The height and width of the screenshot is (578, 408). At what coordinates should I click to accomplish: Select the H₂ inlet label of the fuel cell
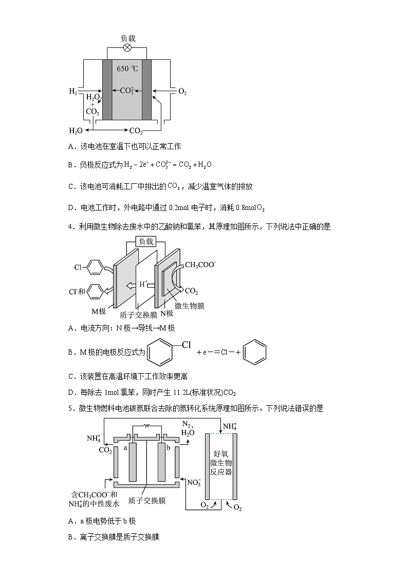[73, 92]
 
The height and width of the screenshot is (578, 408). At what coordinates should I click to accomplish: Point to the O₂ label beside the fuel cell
[182, 92]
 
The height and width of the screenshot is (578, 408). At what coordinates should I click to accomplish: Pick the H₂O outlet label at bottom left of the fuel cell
[76, 131]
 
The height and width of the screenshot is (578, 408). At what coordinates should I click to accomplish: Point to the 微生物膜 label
[190, 306]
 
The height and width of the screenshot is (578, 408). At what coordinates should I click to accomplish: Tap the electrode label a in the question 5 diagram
[125, 448]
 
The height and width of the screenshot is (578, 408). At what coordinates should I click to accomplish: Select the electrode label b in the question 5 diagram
[168, 448]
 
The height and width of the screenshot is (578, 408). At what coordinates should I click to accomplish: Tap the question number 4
[70, 227]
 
